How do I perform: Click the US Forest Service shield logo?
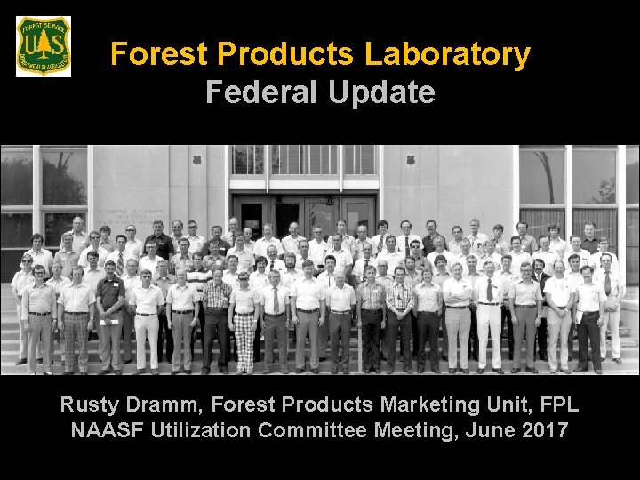44,46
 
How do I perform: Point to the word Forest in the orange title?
159,55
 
